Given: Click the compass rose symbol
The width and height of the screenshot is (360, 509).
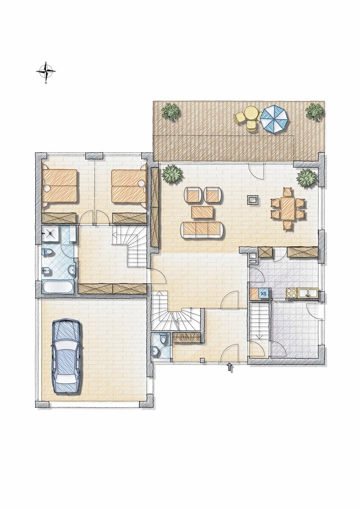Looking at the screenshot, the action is (46, 71).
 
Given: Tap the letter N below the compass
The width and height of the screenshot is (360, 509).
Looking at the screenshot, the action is (46, 83).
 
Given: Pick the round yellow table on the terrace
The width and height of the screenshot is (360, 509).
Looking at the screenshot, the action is (251, 113).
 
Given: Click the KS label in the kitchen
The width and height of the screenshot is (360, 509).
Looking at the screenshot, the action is (264, 294).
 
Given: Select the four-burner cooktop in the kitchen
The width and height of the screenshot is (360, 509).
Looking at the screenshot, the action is (292, 293).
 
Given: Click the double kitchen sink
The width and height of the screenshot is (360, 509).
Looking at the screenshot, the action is (308, 293).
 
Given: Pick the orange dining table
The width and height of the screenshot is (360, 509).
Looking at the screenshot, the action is (287, 208).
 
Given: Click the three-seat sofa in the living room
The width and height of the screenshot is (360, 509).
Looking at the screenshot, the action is (202, 230).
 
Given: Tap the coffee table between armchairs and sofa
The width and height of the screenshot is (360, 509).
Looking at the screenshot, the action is (202, 212).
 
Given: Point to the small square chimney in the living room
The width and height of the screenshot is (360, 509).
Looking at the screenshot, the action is (252, 200).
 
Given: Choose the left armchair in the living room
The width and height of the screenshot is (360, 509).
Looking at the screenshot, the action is (194, 195).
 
